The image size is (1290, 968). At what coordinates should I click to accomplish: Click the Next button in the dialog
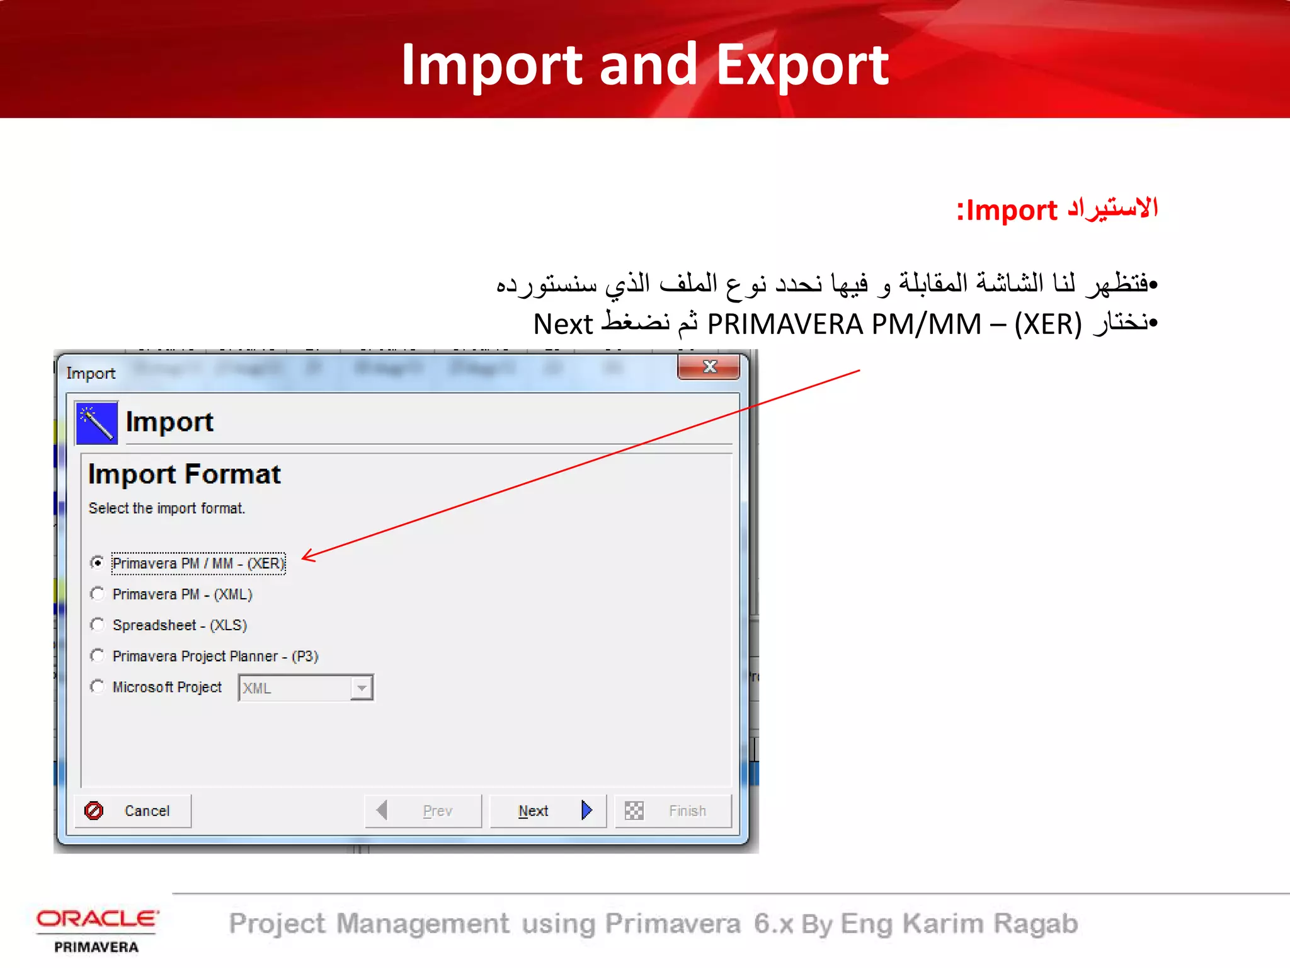pos(547,810)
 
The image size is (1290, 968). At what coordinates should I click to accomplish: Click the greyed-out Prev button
pos(423,810)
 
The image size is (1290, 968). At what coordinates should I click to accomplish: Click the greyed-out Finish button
pos(673,810)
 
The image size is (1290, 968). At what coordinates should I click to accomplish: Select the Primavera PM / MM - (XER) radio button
pos(97,562)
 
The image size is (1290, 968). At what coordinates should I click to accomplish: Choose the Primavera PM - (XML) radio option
pos(97,594)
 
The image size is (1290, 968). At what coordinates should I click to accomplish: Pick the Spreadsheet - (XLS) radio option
pos(97,625)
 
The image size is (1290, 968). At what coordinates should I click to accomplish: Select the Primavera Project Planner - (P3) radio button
pos(97,655)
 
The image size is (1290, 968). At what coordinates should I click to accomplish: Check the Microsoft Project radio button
pos(97,686)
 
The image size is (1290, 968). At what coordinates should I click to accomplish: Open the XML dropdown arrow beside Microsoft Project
pos(362,688)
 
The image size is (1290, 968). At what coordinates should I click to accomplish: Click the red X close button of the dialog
pos(709,367)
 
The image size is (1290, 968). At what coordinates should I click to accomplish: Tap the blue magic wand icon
pos(96,423)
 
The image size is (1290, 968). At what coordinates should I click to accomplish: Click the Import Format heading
pos(184,474)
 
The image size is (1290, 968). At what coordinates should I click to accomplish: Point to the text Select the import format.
pos(166,509)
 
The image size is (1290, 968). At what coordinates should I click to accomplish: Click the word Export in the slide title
pos(802,65)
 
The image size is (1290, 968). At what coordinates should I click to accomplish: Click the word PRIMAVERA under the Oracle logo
pos(96,947)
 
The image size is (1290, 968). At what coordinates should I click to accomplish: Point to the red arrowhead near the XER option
pos(307,556)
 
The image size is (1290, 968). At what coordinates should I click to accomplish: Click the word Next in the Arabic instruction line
pos(562,325)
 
